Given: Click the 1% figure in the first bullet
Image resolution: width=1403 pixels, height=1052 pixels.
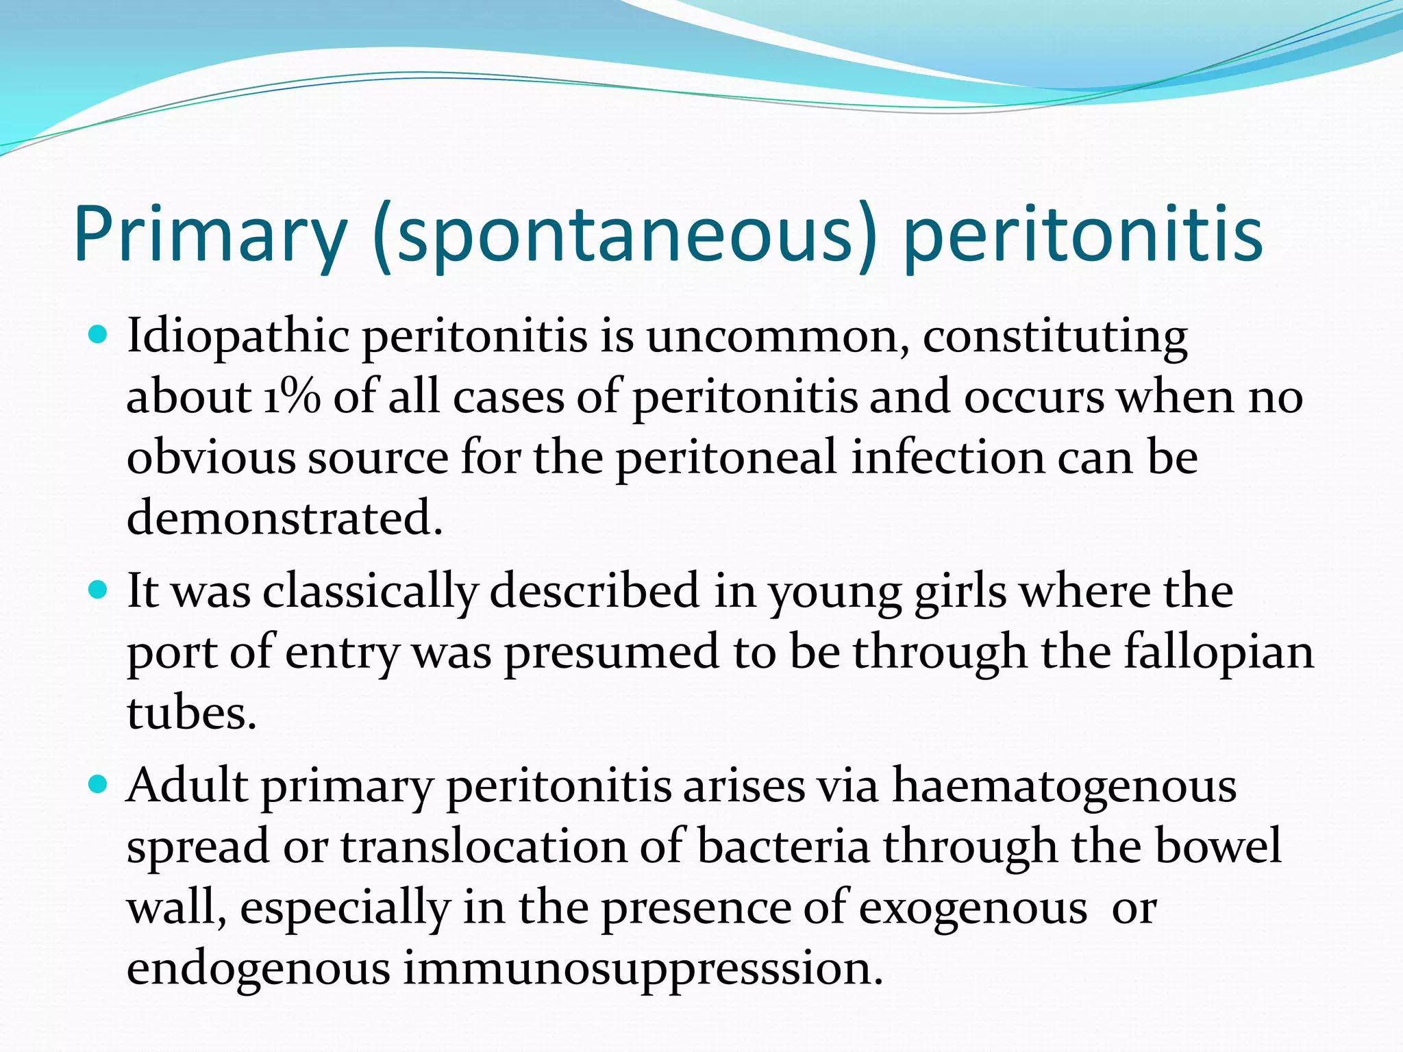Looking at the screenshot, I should coord(292,397).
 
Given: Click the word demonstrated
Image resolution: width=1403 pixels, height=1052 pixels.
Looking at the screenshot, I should coord(284,518).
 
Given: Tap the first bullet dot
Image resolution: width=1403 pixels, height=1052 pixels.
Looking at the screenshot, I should coord(99,335).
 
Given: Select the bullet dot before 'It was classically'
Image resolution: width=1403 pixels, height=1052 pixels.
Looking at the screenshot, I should coord(99,589).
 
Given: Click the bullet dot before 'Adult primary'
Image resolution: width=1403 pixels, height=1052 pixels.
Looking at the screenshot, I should coord(99,784).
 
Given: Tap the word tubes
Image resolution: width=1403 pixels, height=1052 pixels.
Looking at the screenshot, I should coord(191,712).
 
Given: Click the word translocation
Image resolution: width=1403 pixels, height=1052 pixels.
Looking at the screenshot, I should coord(484,847).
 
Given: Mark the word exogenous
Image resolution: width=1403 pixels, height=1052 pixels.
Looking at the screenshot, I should coord(973,908).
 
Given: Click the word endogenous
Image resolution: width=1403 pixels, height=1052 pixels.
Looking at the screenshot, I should coord(258,968).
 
